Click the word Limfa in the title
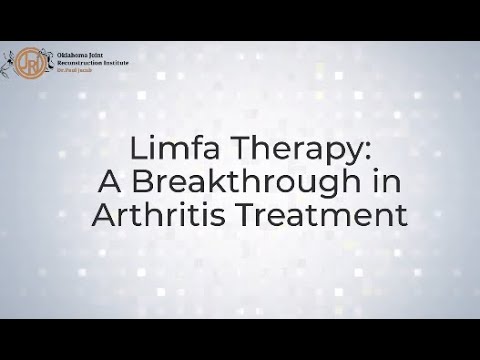tap(167, 149)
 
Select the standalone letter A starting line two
tap(110, 182)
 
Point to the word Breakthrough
tap(234, 182)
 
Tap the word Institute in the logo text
tap(116, 63)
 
